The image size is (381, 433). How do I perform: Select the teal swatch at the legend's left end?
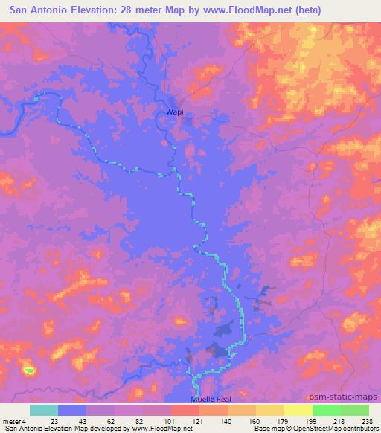(44, 410)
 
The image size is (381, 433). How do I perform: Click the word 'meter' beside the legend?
(12, 420)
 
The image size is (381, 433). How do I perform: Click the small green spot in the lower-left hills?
(29, 370)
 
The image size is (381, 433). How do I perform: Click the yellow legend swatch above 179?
(269, 410)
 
